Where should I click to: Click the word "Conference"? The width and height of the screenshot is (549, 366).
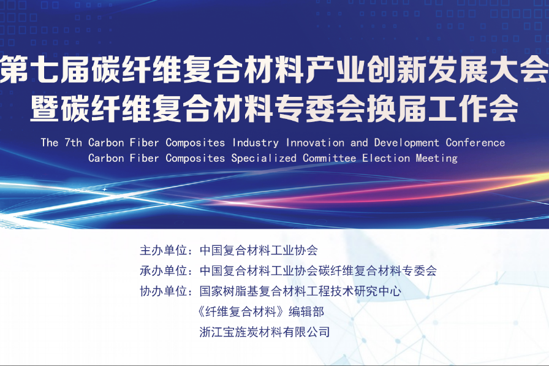pos(475,143)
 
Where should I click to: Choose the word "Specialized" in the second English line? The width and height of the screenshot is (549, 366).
pos(264,158)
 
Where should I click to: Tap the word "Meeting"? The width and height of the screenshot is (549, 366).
pos(437,158)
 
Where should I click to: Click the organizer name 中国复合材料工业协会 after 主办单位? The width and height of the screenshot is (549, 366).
pos(259,251)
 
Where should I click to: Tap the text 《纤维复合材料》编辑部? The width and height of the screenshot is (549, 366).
pos(262,311)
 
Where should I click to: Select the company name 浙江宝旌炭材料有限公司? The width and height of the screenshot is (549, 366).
pos(265,332)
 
